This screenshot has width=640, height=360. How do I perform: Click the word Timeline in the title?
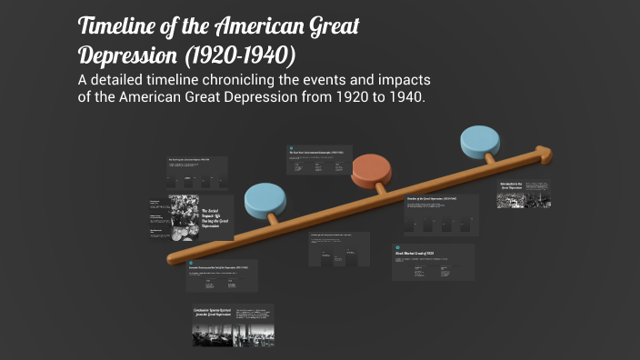[124, 26]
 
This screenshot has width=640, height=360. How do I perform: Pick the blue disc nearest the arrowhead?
[480, 139]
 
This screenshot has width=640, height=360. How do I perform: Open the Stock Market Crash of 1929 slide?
[433, 262]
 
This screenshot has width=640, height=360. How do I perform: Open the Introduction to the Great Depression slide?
[523, 194]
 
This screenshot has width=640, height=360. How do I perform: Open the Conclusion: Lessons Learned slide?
[233, 325]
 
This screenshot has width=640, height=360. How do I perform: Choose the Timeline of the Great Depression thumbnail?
[441, 215]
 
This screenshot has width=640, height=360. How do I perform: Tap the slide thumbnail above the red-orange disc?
[319, 159]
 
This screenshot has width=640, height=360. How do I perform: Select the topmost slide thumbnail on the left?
[196, 170]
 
